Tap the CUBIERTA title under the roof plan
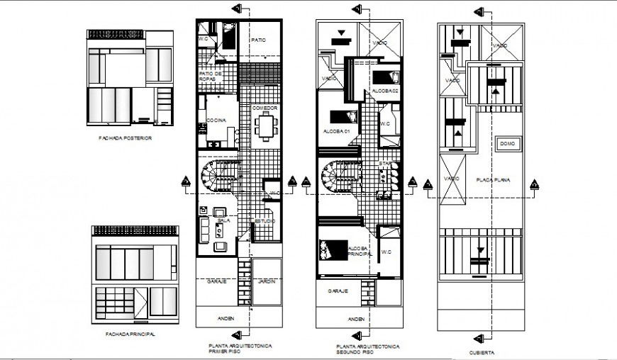tap(482, 351)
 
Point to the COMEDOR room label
tap(265, 108)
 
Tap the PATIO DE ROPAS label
tap(212, 75)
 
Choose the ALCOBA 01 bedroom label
tap(336, 131)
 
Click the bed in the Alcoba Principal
tap(330, 249)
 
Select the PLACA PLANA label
tap(489, 179)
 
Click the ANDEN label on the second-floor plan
tap(356, 319)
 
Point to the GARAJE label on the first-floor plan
tap(216, 281)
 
